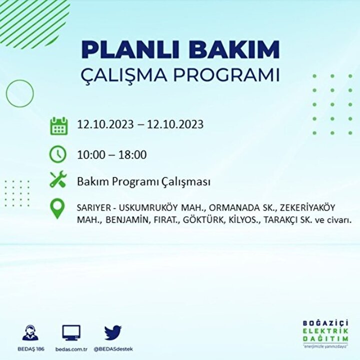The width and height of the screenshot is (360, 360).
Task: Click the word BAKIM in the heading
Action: point(234,49)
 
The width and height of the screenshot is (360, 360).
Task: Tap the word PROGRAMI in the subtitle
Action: point(226,74)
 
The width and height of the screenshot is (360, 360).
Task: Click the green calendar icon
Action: point(59,126)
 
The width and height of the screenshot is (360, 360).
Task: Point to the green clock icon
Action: point(58,154)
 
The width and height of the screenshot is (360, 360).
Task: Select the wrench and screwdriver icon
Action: point(58,179)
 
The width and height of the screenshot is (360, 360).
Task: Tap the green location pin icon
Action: point(57,208)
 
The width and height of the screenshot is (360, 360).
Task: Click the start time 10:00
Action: point(91,154)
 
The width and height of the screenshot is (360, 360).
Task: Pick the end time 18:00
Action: point(132,154)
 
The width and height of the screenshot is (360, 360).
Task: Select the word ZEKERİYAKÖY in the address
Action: point(307,207)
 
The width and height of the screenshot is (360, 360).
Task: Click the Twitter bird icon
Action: point(113,332)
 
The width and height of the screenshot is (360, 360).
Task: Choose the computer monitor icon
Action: point(71,332)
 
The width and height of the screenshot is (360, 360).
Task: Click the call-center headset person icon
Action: point(30,332)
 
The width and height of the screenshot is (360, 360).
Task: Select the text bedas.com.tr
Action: point(71,349)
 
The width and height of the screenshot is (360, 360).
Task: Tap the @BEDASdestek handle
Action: point(113,349)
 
